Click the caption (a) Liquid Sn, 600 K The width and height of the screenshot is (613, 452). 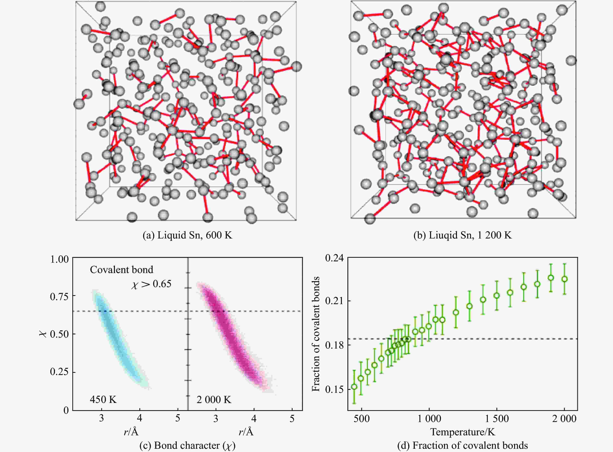coord(187,235)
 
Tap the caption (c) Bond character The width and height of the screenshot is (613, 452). coord(187,445)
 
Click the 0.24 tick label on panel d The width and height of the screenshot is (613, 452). coord(334,258)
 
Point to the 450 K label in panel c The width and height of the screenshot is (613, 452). coord(103,399)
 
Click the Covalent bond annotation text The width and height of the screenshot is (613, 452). coord(121,270)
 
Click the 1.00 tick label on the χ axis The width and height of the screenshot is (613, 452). coord(59,259)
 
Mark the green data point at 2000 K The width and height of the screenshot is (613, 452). coord(564,279)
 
